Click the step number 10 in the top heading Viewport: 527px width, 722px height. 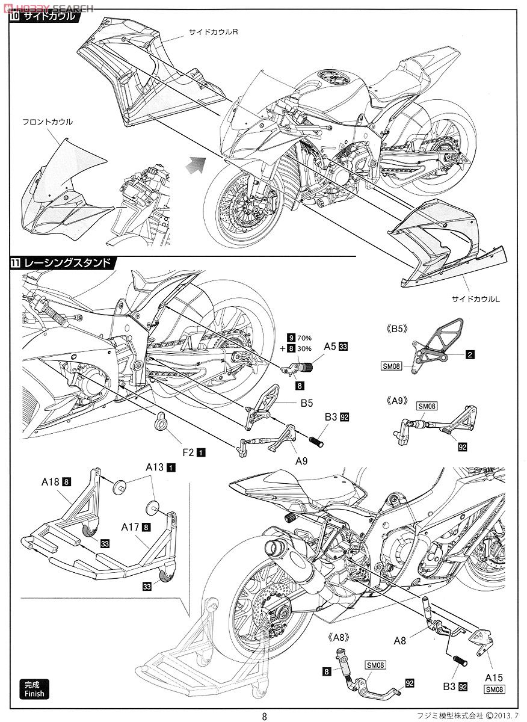point(15,16)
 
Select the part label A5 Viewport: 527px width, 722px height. point(330,347)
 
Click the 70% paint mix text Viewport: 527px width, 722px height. point(307,338)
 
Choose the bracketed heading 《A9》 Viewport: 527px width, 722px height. point(399,398)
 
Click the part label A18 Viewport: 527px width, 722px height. point(50,481)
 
